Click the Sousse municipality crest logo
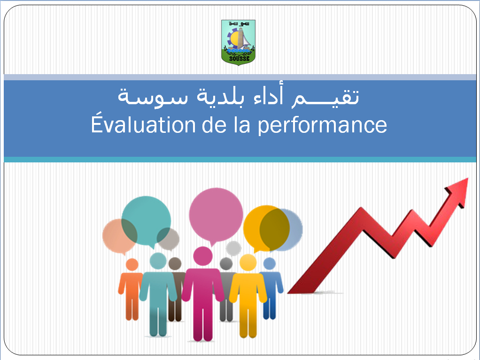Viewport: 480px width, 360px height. pos(238,43)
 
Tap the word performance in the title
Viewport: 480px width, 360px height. pos(322,125)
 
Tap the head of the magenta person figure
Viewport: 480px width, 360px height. pos(202,256)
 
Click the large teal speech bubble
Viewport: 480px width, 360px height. pos(146,221)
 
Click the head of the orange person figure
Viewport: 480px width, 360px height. pos(132,265)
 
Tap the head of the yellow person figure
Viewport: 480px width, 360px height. pos(248,263)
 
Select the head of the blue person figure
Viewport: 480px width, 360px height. pos(270,264)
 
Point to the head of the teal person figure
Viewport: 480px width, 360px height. pos(158,261)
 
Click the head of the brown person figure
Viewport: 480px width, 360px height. pos(175,264)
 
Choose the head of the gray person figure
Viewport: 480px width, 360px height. pos(226,264)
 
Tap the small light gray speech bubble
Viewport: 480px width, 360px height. pos(233,248)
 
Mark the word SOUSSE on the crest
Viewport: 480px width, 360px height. pos(240,58)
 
